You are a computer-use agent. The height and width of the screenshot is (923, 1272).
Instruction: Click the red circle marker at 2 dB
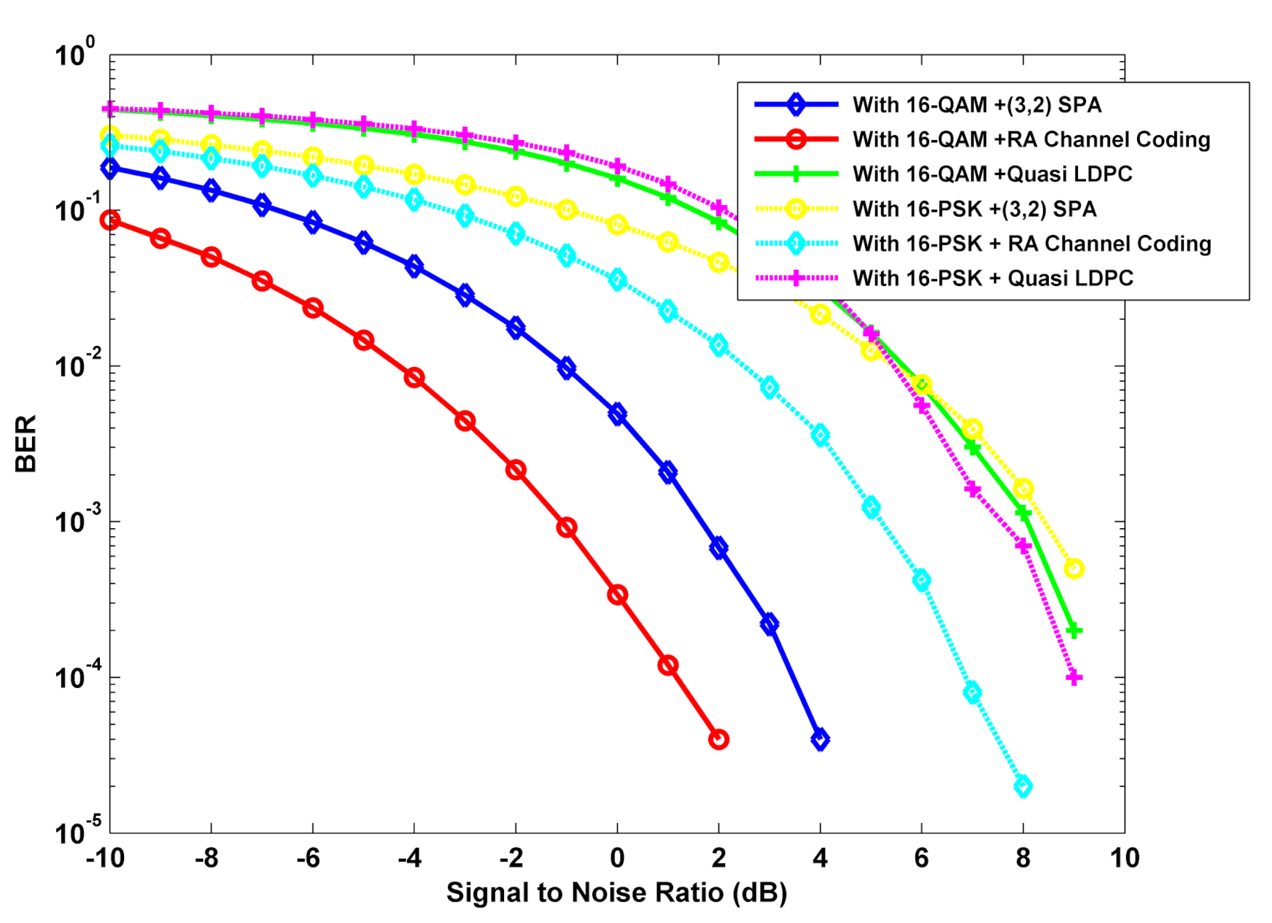point(718,739)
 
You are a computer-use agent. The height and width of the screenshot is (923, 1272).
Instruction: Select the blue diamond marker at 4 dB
point(820,739)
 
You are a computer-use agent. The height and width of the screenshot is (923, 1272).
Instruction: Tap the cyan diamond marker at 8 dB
point(1023,787)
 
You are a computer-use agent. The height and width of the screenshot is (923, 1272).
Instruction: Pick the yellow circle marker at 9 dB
point(1074,568)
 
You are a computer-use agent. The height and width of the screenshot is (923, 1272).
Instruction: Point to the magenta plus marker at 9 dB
point(1074,678)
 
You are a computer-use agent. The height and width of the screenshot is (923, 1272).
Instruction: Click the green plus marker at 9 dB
point(1074,630)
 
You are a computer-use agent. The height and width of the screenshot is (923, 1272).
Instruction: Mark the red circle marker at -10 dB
point(110,220)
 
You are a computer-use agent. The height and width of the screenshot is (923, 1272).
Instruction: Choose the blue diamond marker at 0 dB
point(617,414)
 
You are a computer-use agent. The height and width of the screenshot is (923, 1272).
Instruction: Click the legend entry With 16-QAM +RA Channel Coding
point(1031,139)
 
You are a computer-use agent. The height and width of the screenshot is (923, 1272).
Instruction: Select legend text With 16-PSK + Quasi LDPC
point(993,278)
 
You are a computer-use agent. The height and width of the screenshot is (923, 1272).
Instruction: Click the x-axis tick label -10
point(105,858)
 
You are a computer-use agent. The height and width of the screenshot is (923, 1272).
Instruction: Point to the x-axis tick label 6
point(921,858)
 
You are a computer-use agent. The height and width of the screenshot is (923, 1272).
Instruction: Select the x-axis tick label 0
point(617,858)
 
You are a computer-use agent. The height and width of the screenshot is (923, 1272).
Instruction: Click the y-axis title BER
point(26,444)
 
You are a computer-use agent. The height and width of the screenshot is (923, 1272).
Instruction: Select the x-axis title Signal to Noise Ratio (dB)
point(616,892)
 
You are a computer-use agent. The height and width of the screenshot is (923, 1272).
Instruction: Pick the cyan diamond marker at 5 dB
point(871,507)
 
